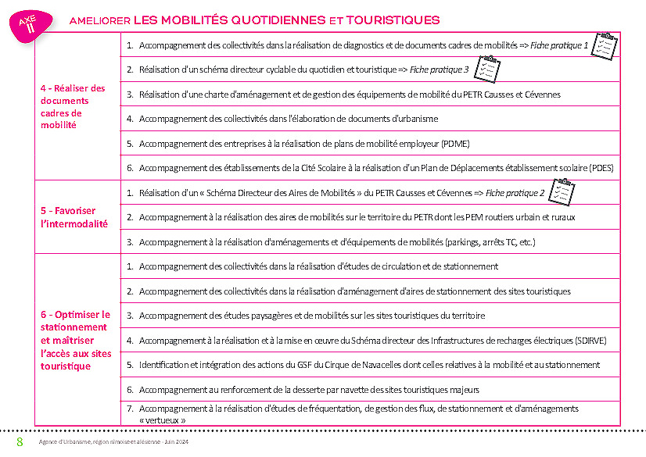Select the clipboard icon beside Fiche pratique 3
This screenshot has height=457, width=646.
click(486, 69)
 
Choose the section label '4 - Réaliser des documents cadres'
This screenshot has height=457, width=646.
click(73, 106)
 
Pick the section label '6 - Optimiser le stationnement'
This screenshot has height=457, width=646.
click(76, 340)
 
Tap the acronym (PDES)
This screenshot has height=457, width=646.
click(601, 167)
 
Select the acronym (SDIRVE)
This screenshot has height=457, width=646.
click(585, 340)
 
